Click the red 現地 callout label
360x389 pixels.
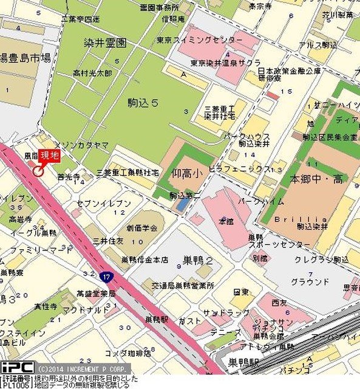(50, 156)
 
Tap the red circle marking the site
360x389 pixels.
(38, 171)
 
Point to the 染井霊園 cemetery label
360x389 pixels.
(105, 43)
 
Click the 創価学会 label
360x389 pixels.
(142, 228)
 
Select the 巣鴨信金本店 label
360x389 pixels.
(144, 260)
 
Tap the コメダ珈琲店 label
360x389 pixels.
(127, 353)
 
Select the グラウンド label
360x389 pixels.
(306, 281)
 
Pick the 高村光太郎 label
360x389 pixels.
(92, 73)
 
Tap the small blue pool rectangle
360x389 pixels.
(182, 205)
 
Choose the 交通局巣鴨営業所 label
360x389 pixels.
(166, 285)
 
